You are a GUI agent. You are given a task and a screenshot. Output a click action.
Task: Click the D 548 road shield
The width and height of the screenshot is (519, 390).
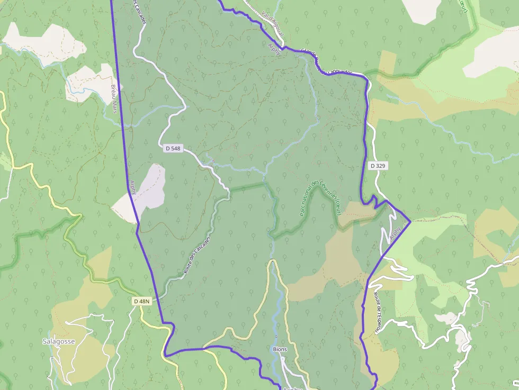(173, 149)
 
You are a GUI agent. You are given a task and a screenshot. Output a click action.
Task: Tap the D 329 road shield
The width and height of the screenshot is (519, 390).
(378, 166)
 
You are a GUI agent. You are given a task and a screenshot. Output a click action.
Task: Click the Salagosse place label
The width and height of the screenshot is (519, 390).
(59, 341)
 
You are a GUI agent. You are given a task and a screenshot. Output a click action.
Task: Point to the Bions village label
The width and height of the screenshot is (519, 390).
(280, 349)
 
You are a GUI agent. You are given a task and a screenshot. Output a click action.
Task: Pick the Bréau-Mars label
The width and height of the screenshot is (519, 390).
(113, 98)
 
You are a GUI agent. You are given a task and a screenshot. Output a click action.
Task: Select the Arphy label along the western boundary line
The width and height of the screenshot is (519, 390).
(133, 188)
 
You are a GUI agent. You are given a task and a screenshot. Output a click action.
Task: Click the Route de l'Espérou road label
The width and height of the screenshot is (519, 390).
(377, 312)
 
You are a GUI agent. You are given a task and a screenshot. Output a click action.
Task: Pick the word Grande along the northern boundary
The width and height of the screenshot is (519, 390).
(307, 55)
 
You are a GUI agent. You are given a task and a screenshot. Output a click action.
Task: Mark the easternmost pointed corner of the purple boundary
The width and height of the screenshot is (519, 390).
(410, 222)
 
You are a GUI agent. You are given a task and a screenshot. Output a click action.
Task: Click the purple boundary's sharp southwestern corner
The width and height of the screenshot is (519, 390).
(165, 354)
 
